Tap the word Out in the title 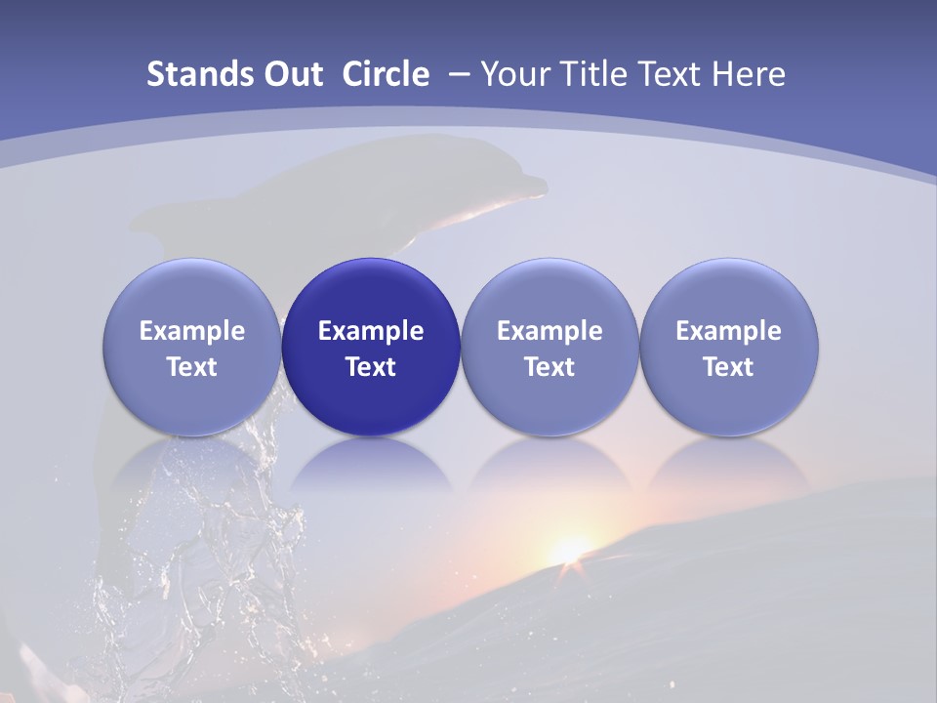[x=291, y=74]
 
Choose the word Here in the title [x=749, y=74]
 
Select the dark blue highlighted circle [x=371, y=347]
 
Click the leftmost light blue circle [x=192, y=347]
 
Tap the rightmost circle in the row [x=728, y=347]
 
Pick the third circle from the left [x=550, y=347]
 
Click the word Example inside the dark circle [x=371, y=331]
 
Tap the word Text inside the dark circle [x=371, y=367]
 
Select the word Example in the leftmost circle [x=192, y=331]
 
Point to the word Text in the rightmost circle [x=728, y=367]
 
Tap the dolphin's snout [x=532, y=185]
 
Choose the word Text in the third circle [x=550, y=367]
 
